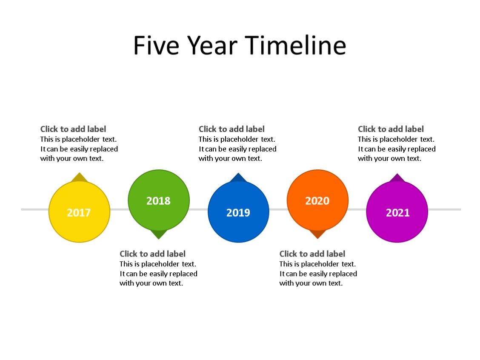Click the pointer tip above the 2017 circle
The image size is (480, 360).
coord(79,177)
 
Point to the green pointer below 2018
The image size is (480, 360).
coord(159,234)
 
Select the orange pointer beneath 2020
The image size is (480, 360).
coord(317,234)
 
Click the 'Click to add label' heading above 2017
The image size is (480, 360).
coord(73,129)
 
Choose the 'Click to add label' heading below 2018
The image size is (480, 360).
coord(152,254)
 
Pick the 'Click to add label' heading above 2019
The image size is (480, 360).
coord(231,129)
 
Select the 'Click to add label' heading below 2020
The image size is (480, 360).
coord(312,254)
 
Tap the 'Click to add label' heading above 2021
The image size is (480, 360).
coord(391,129)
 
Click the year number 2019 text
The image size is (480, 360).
coord(238,212)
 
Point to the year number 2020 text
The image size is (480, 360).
coord(317,200)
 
